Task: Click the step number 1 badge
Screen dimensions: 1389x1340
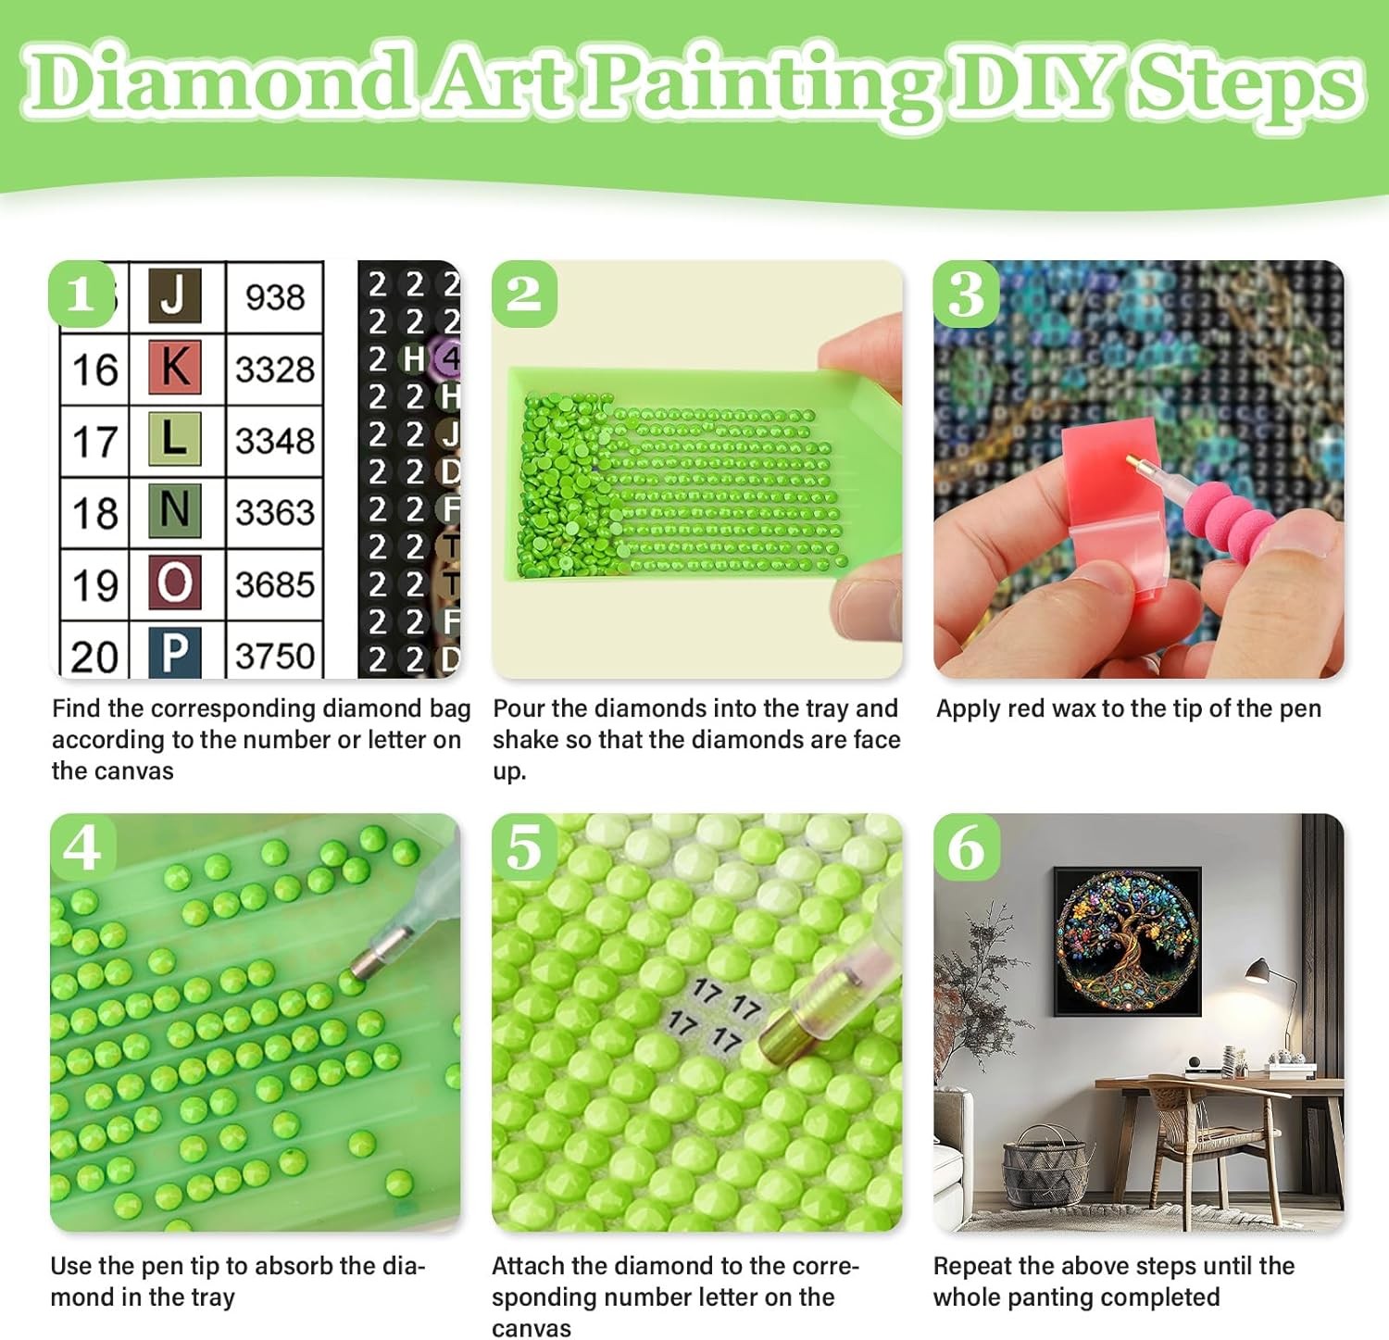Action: pyautogui.click(x=81, y=294)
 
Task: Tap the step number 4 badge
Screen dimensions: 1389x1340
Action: pyautogui.click(x=82, y=846)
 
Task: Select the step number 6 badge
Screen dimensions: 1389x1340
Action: pyautogui.click(x=966, y=846)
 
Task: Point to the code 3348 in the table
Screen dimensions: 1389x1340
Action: pyautogui.click(x=275, y=441)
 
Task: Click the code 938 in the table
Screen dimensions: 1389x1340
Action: pyautogui.click(x=275, y=297)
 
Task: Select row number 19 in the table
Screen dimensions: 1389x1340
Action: pyautogui.click(x=95, y=585)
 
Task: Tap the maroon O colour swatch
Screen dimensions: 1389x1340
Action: pyautogui.click(x=175, y=582)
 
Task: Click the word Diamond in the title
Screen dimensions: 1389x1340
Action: pyautogui.click(x=219, y=83)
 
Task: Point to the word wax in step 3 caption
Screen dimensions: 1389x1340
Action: pyautogui.click(x=1078, y=709)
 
